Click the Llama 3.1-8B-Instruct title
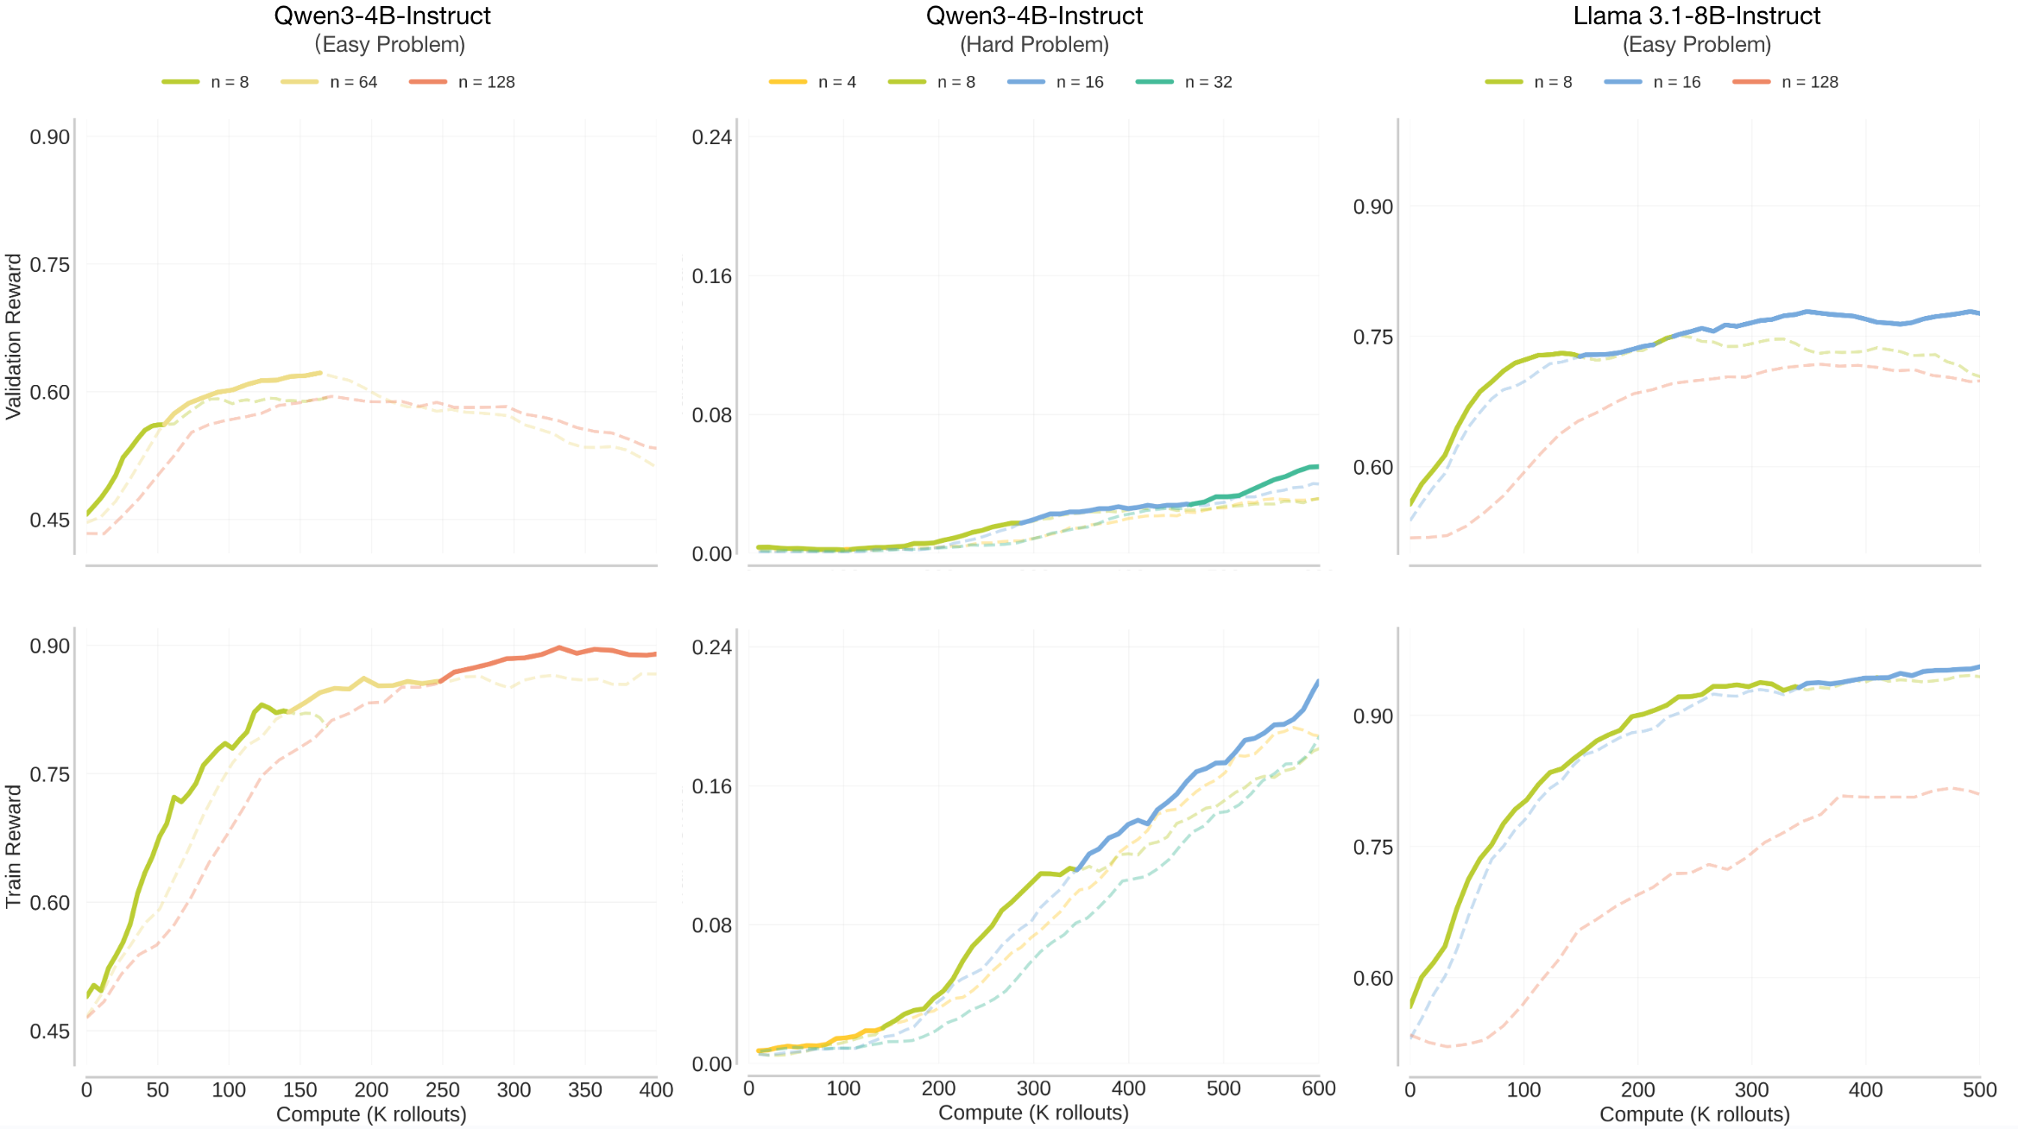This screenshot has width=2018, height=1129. pos(1696,16)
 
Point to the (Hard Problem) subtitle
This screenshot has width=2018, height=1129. pos(1034,44)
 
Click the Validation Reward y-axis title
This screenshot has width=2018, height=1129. pos(13,337)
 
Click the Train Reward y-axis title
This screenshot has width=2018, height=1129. pos(13,846)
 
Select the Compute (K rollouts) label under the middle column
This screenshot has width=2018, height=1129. pos(1033,1113)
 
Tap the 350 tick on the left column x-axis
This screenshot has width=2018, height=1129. pos(585,1090)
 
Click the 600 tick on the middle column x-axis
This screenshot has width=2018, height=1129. pos(1318,1088)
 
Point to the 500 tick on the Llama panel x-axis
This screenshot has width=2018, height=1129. pos(1979,1090)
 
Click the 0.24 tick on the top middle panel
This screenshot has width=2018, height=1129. pos(711,137)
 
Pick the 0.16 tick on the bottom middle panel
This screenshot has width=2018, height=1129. pos(711,786)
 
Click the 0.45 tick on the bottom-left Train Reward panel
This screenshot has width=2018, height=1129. pos(50,1031)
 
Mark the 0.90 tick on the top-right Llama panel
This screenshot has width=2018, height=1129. pos(1372,207)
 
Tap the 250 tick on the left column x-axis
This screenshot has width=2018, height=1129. pos(443,1090)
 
